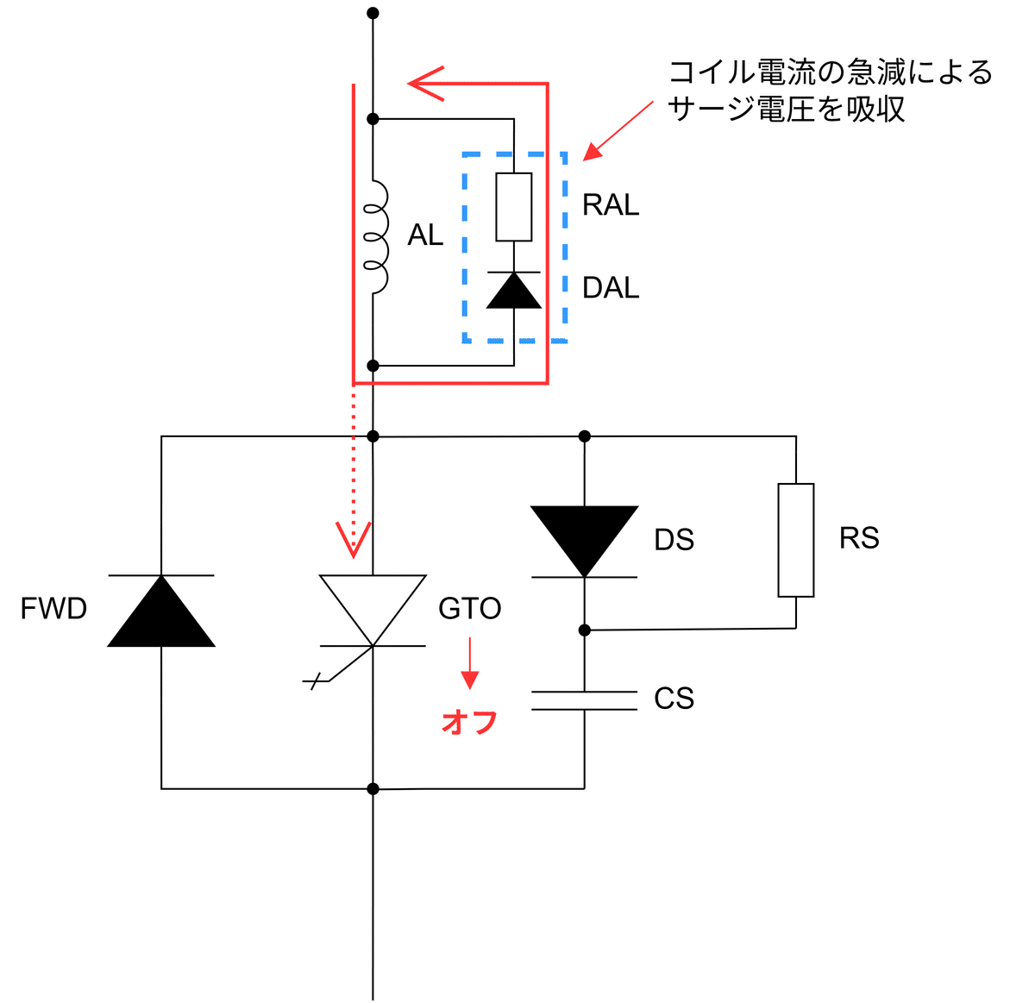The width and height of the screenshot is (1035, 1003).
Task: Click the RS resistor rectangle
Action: pyautogui.click(x=795, y=540)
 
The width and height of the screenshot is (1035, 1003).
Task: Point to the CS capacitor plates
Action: pyautogui.click(x=585, y=699)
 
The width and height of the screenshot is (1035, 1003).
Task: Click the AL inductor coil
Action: pyautogui.click(x=376, y=237)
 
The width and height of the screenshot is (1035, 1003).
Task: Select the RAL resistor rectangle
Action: pyautogui.click(x=513, y=207)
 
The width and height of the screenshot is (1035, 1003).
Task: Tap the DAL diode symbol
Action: pyautogui.click(x=513, y=290)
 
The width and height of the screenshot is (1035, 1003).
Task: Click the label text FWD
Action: pyautogui.click(x=53, y=609)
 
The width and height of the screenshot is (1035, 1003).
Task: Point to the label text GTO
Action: pyautogui.click(x=469, y=609)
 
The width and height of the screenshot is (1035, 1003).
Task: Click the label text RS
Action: pyautogui.click(x=858, y=538)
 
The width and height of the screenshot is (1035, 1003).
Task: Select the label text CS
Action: pyautogui.click(x=674, y=699)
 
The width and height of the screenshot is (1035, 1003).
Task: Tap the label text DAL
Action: pyautogui.click(x=611, y=288)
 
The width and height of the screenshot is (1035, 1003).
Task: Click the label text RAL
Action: pyautogui.click(x=611, y=205)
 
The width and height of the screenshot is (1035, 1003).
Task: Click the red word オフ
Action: pyautogui.click(x=469, y=722)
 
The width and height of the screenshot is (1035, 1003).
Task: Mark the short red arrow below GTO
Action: pyautogui.click(x=469, y=664)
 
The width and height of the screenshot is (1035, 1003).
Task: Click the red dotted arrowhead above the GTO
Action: pyautogui.click(x=354, y=539)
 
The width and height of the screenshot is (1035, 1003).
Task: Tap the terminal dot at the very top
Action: pyautogui.click(x=373, y=13)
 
